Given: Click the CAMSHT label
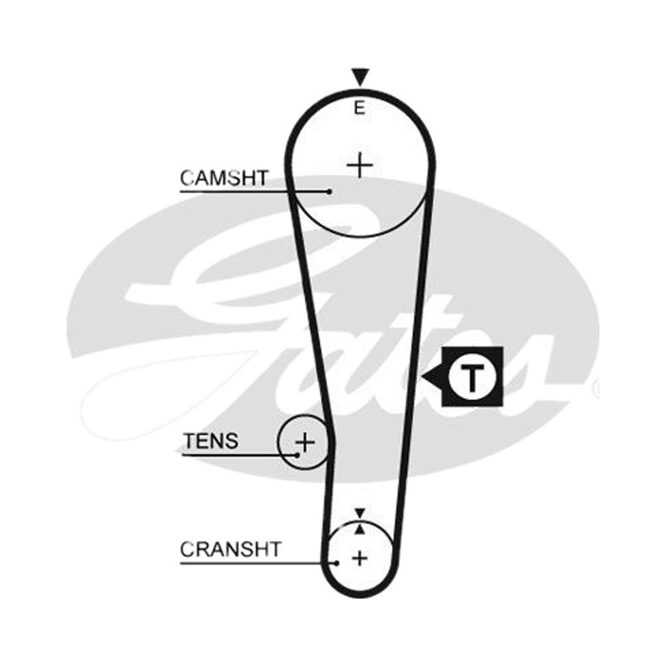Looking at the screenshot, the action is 224,178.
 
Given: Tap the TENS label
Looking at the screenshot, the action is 211,441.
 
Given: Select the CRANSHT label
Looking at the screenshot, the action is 231,549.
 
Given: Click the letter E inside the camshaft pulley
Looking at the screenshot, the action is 360,108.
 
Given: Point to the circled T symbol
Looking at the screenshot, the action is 472,377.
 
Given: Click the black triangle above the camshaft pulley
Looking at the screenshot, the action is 360,77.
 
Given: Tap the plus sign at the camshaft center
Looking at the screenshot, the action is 360,165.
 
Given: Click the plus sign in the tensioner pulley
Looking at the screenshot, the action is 305,443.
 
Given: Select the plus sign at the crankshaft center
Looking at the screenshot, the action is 360,558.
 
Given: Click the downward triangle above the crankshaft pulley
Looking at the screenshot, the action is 360,513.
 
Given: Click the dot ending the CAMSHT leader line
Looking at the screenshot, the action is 330,191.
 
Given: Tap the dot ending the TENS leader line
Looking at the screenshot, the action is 297,455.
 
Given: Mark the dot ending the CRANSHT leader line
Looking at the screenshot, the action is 336,564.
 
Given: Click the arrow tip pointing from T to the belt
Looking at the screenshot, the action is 422,376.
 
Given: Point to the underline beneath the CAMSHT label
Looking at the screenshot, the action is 254,191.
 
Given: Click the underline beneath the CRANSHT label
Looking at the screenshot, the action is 257,564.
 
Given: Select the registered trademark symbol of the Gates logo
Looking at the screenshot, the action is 596,387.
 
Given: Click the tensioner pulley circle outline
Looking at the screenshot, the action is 278,442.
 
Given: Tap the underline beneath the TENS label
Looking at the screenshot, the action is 239,455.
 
